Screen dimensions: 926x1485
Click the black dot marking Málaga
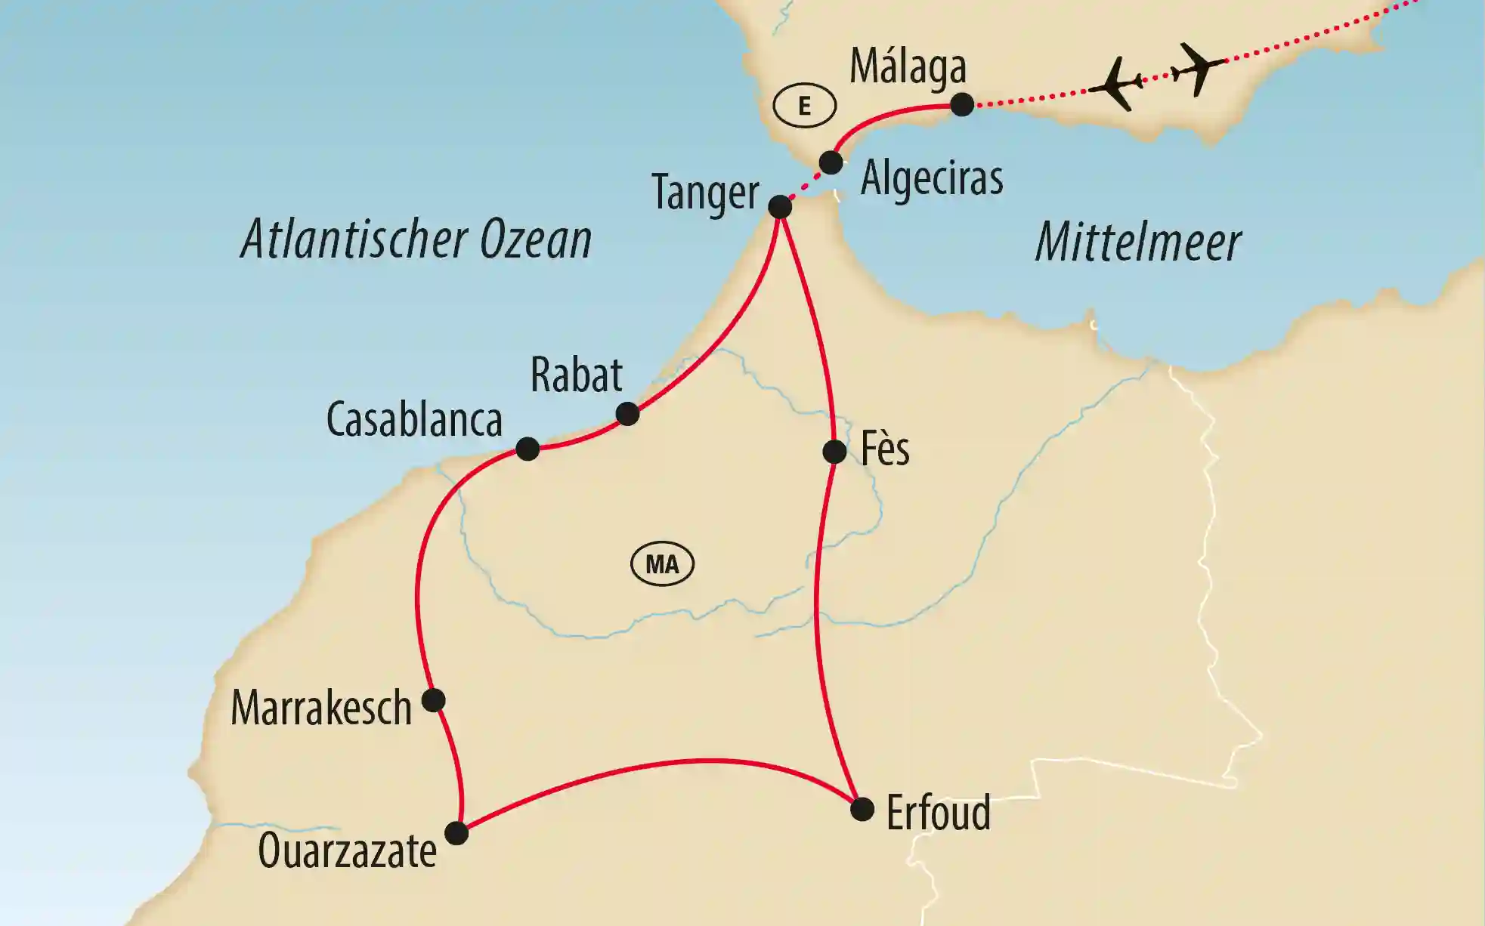tap(961, 104)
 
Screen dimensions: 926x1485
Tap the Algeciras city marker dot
tap(831, 162)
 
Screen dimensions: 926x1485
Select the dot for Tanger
tap(780, 206)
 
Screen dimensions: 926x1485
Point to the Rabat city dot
tap(627, 414)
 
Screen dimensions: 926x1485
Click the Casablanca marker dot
tap(527, 449)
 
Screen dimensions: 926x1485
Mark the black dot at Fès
tap(834, 452)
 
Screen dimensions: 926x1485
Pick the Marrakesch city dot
tap(433, 700)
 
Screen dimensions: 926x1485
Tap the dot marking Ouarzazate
tap(456, 833)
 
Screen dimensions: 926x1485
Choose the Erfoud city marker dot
tap(862, 810)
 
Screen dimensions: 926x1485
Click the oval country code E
tap(804, 106)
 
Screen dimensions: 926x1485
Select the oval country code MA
tap(662, 564)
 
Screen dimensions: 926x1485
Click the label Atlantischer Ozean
tap(416, 239)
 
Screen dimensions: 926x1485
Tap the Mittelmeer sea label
tap(1137, 242)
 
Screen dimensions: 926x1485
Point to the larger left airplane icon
tap(1117, 83)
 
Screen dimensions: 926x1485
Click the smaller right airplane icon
tap(1198, 68)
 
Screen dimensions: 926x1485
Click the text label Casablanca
tap(414, 420)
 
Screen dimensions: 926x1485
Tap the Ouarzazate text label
tap(347, 851)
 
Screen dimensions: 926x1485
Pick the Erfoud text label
tap(938, 813)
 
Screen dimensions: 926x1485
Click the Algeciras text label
tap(932, 179)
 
